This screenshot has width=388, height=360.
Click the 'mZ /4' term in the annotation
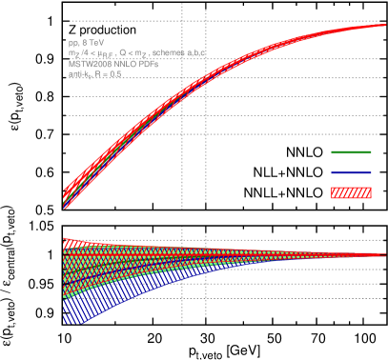point(78,54)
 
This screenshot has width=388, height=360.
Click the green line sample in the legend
point(351,152)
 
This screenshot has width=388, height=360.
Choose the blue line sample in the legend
point(351,172)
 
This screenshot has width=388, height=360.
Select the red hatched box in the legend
point(351,192)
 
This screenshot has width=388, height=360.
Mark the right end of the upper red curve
point(384,26)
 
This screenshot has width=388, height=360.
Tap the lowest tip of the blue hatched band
point(80,324)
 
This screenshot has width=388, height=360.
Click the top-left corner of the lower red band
point(65,239)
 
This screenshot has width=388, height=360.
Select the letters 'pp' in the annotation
point(71,45)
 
